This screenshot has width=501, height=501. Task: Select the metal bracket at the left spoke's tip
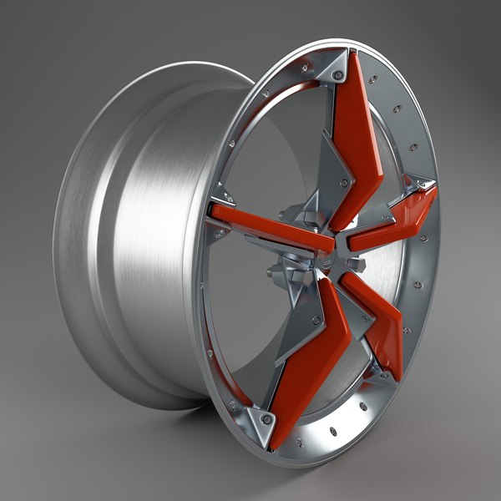tap(219, 203)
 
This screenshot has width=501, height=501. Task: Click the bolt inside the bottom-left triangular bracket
tap(267, 417)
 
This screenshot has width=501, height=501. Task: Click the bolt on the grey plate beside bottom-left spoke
tap(315, 320)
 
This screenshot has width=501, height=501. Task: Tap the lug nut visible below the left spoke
tap(274, 271)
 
